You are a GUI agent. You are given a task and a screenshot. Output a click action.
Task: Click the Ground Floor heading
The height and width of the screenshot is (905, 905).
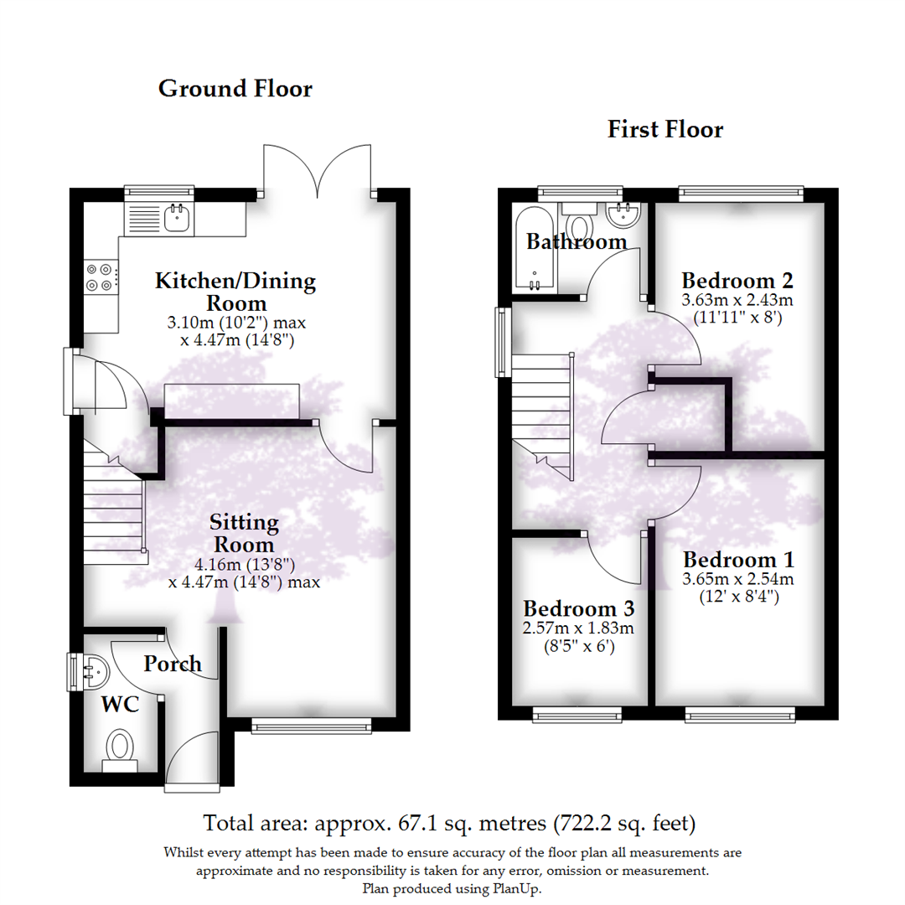pos(235,88)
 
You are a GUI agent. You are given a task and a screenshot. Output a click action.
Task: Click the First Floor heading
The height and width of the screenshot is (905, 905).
pos(665,129)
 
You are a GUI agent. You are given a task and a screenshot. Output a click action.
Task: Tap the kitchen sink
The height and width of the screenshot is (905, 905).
pos(177,218)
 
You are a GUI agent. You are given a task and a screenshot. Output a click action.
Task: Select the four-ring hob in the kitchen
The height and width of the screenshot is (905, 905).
pos(100,277)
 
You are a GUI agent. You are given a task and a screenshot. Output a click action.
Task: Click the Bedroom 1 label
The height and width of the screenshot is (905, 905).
pos(738,560)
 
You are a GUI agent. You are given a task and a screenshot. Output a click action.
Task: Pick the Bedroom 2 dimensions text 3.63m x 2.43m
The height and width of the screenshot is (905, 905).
pos(737,300)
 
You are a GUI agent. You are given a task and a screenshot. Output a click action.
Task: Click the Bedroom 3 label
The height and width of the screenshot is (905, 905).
pos(578,608)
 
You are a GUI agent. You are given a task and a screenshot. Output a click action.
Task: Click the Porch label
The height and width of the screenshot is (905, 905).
pos(172,665)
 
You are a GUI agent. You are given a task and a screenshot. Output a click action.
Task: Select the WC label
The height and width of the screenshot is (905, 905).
pos(120,705)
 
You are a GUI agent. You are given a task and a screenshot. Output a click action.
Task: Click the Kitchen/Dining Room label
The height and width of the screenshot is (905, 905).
pos(235,292)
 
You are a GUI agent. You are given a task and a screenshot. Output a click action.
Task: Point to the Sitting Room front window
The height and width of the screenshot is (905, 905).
pos(311,727)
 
